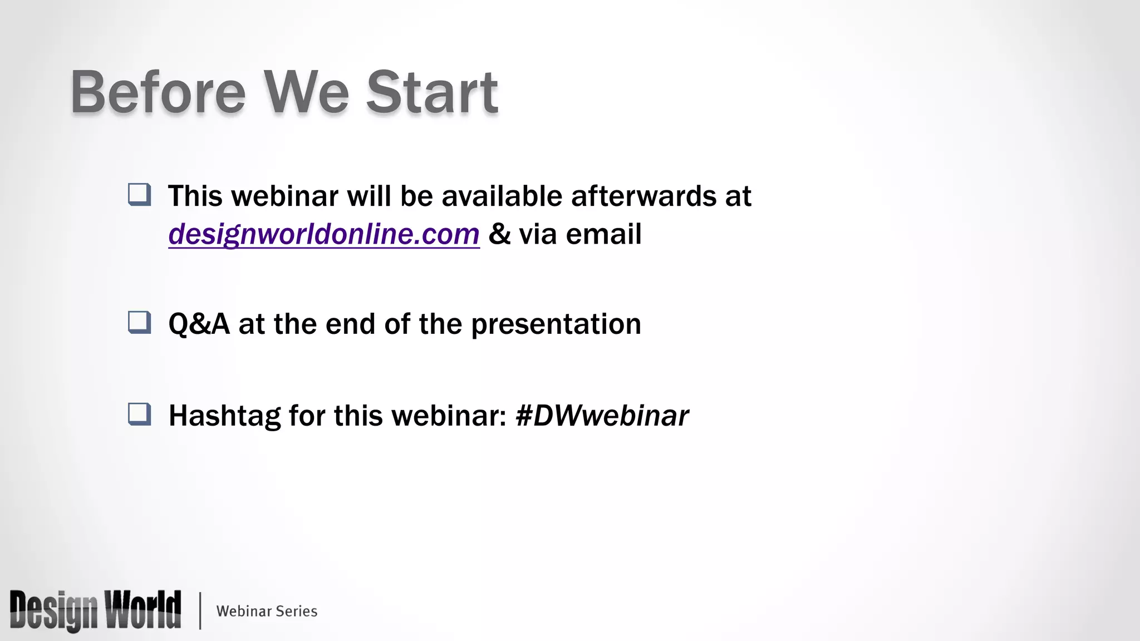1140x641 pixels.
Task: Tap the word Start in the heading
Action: coord(431,92)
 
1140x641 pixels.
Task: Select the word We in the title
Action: coord(306,92)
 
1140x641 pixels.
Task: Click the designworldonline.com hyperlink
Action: coord(323,234)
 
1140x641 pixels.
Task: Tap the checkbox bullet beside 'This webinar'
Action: coord(139,195)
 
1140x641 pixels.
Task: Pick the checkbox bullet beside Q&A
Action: coord(139,322)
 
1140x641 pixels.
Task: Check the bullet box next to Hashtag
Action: coord(139,414)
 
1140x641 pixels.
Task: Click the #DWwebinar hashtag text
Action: coord(602,416)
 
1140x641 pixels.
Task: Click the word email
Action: coord(603,234)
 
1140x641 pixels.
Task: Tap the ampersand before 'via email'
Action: coord(499,234)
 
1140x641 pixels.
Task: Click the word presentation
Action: coord(556,324)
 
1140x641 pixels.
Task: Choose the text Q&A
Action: coord(199,324)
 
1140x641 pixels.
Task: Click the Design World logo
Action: coord(95,610)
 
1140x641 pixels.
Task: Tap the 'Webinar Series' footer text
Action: coord(267,611)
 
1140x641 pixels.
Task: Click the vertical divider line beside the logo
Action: coord(200,611)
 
